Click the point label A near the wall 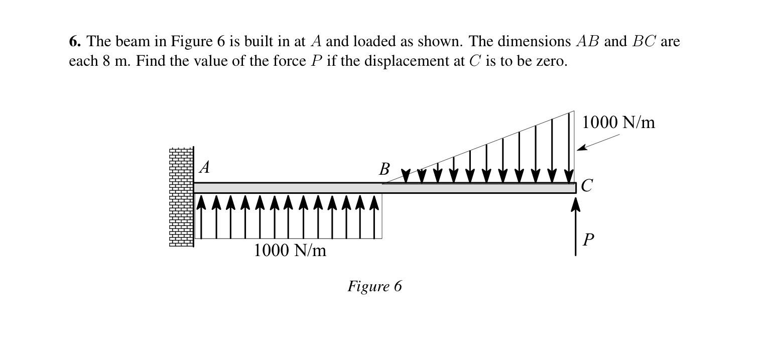pyautogui.click(x=204, y=167)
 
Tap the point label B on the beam pyautogui.click(x=384, y=169)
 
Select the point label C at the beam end pyautogui.click(x=586, y=186)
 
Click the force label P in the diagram pyautogui.click(x=588, y=240)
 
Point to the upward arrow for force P pyautogui.click(x=575, y=226)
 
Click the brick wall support pyautogui.click(x=181, y=197)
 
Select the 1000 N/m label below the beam pyautogui.click(x=290, y=250)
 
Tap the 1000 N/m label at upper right pyautogui.click(x=618, y=122)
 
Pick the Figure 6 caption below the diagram pyautogui.click(x=374, y=286)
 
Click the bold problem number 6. pyautogui.click(x=75, y=41)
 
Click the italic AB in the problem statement pyautogui.click(x=587, y=41)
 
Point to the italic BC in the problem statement pyautogui.click(x=644, y=41)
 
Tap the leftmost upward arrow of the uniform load pyautogui.click(x=201, y=216)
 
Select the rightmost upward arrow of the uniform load pyautogui.click(x=374, y=216)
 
